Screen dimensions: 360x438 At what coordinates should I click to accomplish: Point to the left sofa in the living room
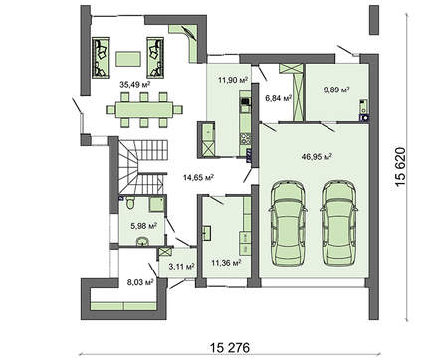pos(103,57)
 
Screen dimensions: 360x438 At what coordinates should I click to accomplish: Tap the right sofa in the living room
pos(156,57)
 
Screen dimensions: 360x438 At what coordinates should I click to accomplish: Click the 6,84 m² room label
pos(279,99)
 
